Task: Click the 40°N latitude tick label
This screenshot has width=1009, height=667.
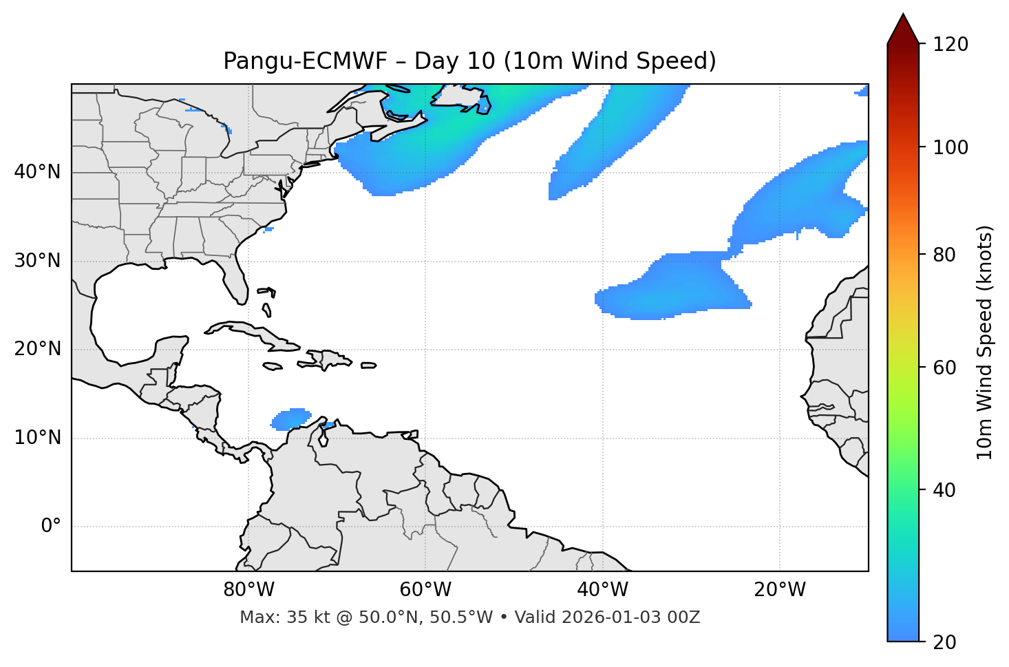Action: pos(37,172)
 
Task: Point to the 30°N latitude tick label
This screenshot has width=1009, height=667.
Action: pos(37,261)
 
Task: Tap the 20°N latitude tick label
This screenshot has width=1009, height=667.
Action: pos(37,350)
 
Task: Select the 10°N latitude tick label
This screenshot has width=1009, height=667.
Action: pos(37,438)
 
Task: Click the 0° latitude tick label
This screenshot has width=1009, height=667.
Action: pos(51,527)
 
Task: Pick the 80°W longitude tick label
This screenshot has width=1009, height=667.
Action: pos(248,590)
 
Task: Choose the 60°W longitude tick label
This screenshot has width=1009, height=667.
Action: pos(425,590)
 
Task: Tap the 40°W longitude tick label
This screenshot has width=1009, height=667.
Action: pos(602,590)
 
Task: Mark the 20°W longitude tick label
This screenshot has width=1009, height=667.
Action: pos(780,590)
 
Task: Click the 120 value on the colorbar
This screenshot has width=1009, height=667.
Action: pos(950,45)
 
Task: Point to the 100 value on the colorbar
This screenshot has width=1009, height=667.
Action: pos(950,147)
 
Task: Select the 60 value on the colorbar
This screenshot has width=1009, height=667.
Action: pos(946,368)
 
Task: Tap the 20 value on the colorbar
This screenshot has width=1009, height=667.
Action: pos(946,642)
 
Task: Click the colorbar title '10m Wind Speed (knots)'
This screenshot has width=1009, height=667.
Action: pos(985,343)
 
